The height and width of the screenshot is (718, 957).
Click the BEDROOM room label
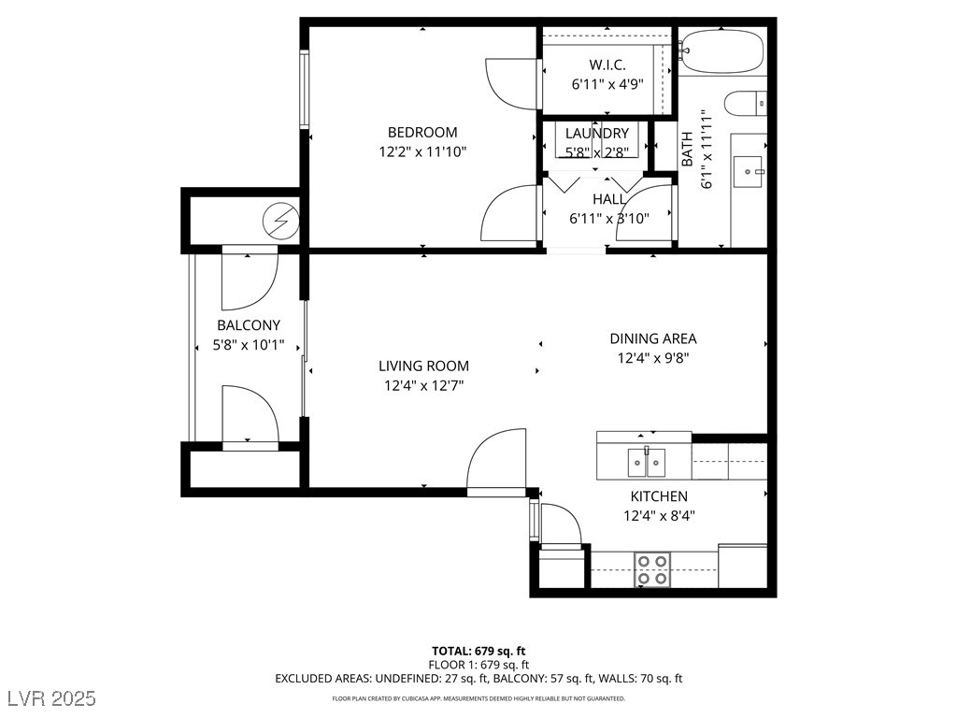(x=422, y=132)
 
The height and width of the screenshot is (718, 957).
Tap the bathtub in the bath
(x=722, y=50)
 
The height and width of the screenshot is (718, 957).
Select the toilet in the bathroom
(x=746, y=103)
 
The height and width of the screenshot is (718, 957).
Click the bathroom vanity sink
(x=748, y=172)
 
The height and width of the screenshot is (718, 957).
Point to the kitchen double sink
(x=647, y=463)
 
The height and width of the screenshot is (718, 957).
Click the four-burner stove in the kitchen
(x=651, y=569)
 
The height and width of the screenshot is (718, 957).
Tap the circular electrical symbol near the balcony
(x=280, y=221)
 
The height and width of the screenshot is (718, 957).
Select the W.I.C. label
(x=607, y=65)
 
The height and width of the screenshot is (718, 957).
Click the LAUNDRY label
(x=597, y=133)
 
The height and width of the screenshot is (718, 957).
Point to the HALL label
(x=609, y=199)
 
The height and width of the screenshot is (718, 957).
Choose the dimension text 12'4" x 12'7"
(x=423, y=385)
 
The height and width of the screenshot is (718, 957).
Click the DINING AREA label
(x=653, y=338)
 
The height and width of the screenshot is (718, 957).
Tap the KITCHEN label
(x=659, y=496)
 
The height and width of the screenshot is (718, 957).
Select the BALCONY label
(x=249, y=324)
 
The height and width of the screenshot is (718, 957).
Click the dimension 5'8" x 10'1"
(x=249, y=345)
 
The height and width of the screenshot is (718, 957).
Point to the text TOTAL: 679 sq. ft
(x=478, y=651)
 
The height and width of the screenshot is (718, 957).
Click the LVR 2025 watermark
(x=52, y=697)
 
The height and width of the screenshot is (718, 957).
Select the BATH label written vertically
(x=687, y=149)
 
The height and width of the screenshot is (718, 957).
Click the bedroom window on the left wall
(x=304, y=89)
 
